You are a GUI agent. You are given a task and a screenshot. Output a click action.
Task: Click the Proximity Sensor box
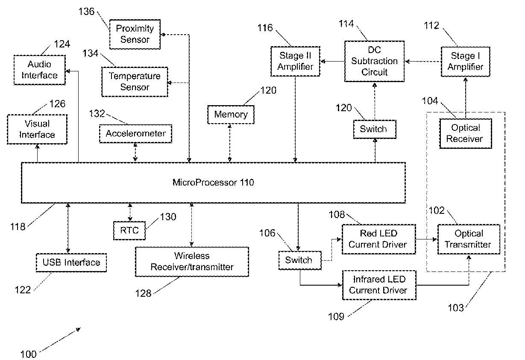[x=135, y=34]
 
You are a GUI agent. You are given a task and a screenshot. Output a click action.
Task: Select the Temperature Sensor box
[x=135, y=82]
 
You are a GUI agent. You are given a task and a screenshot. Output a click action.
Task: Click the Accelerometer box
[x=136, y=133]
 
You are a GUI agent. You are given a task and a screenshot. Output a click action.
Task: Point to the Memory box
[x=231, y=115]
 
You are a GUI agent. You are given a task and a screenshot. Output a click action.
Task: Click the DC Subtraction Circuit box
[x=374, y=61]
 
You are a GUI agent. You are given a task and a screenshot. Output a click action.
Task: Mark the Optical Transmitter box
[x=469, y=239]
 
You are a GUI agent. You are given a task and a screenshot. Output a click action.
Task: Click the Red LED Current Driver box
[x=372, y=239]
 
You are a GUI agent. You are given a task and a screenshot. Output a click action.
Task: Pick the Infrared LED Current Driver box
[x=378, y=285]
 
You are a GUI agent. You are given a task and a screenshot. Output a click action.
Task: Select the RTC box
[x=129, y=230]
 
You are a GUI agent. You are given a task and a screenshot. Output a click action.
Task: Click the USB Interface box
[x=71, y=263]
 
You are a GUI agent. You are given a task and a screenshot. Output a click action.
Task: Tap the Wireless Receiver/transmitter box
[x=192, y=261]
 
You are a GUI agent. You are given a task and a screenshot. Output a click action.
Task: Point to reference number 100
[x=28, y=354]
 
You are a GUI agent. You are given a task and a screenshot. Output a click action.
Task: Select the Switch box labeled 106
[x=299, y=260]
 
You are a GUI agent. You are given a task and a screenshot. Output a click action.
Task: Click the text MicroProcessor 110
[x=213, y=183]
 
